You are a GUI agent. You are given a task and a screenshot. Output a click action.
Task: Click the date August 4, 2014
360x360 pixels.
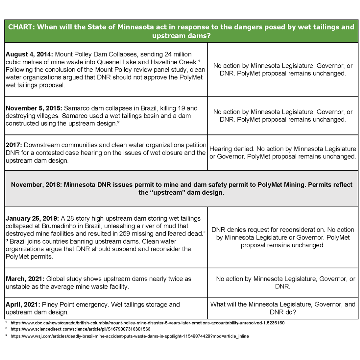click(x=29, y=54)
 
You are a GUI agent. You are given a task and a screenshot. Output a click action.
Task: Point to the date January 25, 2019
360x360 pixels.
click(x=31, y=218)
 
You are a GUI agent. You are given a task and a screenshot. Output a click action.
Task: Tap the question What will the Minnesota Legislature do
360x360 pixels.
click(x=283, y=304)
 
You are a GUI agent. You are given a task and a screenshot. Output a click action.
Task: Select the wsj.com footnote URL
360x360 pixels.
click(x=130, y=336)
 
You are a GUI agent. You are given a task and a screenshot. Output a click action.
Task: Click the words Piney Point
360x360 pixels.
click(x=62, y=305)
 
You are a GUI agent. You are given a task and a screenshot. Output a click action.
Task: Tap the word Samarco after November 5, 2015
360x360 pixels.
click(x=75, y=108)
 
